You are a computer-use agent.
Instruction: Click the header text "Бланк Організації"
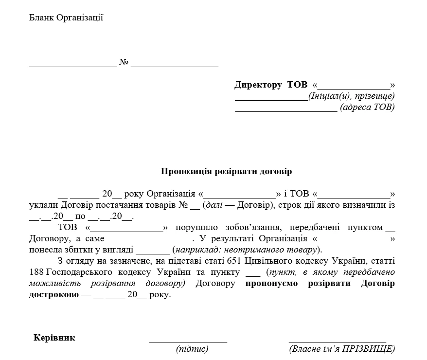[x=66, y=18]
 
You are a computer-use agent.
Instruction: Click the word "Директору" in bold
[x=258, y=85]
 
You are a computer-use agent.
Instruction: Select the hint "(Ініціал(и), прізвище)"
[x=352, y=96]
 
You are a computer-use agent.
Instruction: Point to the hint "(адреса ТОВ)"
[x=367, y=107]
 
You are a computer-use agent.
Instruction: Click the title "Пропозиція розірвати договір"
[x=227, y=171]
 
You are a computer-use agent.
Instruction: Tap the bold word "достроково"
[x=53, y=294]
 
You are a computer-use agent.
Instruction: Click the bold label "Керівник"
[x=54, y=338]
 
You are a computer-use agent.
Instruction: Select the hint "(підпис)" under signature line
[x=192, y=349]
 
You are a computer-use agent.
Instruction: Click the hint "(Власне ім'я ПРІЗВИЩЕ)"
[x=341, y=349]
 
